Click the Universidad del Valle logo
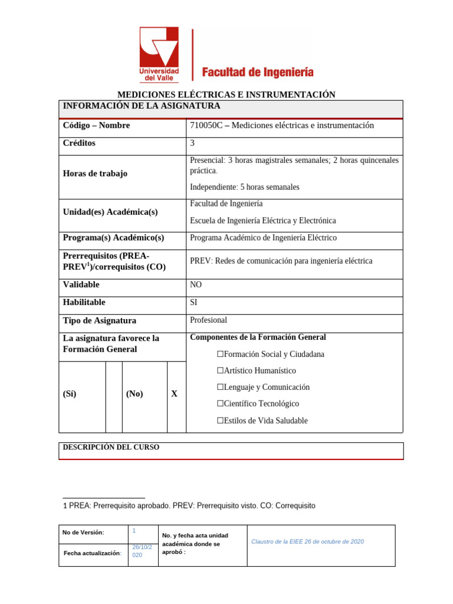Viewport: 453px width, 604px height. [x=159, y=54]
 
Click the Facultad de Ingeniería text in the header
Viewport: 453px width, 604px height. [x=258, y=73]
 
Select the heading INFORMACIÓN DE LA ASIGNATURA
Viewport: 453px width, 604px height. [x=142, y=106]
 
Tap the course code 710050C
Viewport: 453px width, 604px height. [x=206, y=126]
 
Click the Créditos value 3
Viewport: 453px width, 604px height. [x=192, y=143]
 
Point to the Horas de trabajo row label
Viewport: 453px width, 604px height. [x=95, y=173]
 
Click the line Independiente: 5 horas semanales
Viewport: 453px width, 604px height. [x=245, y=187]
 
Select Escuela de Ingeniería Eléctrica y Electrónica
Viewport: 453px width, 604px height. [x=263, y=221]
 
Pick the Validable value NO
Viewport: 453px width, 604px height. [x=196, y=284]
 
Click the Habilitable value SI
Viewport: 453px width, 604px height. [x=194, y=303]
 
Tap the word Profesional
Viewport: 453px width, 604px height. [x=208, y=320]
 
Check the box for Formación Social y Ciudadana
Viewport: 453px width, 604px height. [x=220, y=354]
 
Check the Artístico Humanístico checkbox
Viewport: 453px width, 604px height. [x=220, y=371]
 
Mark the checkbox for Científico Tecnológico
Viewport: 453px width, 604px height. [x=220, y=404]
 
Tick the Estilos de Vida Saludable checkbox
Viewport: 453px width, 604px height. [x=220, y=421]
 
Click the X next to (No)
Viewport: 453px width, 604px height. [x=175, y=394]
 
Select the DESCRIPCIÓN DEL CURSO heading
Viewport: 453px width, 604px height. [x=111, y=448]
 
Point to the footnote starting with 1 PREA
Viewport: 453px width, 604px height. [x=189, y=505]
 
